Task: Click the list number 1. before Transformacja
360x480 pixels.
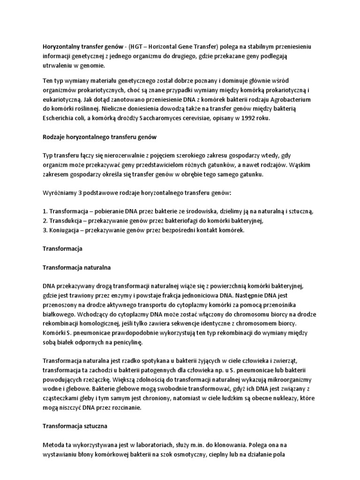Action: click(x=45, y=211)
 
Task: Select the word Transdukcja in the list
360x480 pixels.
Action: click(x=67, y=220)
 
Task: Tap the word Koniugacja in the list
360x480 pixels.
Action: click(x=66, y=230)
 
